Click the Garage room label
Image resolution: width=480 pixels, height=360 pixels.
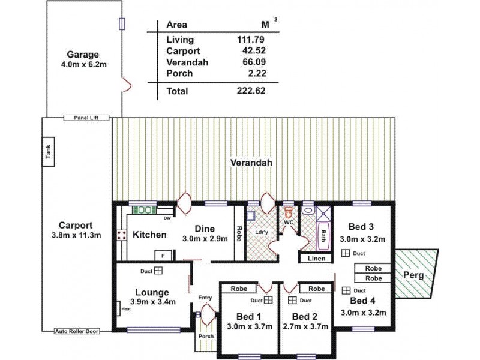(x=82, y=54)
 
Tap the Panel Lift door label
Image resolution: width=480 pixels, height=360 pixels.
(x=86, y=118)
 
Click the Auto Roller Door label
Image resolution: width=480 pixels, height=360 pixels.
(x=76, y=331)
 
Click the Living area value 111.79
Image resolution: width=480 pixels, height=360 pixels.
(x=252, y=40)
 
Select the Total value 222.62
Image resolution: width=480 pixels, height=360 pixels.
(x=251, y=91)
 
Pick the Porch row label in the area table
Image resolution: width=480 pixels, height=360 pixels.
(x=179, y=73)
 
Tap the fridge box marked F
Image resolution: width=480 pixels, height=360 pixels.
(x=160, y=254)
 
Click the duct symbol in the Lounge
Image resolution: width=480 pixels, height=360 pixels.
(x=158, y=271)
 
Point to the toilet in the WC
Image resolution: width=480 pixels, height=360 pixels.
(x=289, y=212)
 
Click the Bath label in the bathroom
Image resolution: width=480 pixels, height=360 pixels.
(x=324, y=234)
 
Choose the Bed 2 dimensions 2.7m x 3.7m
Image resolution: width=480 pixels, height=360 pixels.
(x=307, y=326)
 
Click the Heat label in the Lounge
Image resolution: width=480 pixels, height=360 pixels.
(x=125, y=310)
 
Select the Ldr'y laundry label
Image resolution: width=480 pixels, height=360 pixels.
(x=261, y=232)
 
